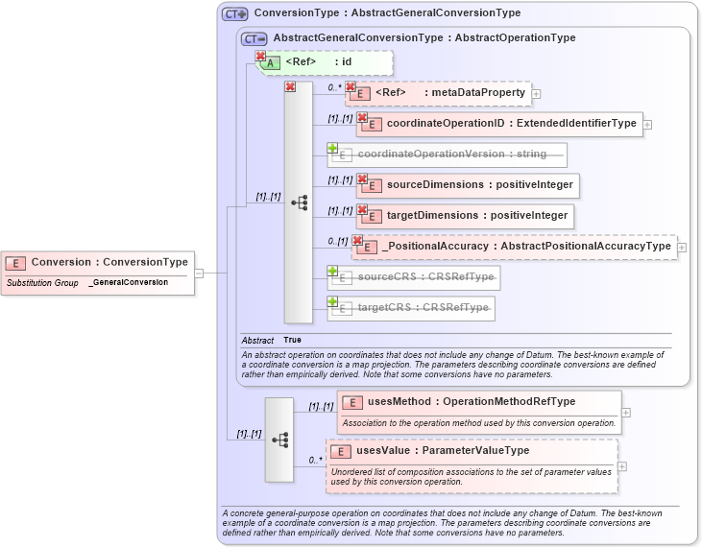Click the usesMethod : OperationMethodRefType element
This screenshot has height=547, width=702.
click(478, 402)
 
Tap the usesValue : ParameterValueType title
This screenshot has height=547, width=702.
click(442, 450)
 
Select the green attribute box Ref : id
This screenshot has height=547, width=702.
click(327, 62)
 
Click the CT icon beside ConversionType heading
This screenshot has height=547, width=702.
click(234, 14)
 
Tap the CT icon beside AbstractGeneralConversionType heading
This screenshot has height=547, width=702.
click(254, 38)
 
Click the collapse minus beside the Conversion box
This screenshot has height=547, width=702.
click(199, 273)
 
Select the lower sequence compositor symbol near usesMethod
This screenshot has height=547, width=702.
click(279, 440)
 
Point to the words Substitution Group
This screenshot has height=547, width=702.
click(42, 283)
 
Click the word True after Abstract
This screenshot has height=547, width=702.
click(292, 341)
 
